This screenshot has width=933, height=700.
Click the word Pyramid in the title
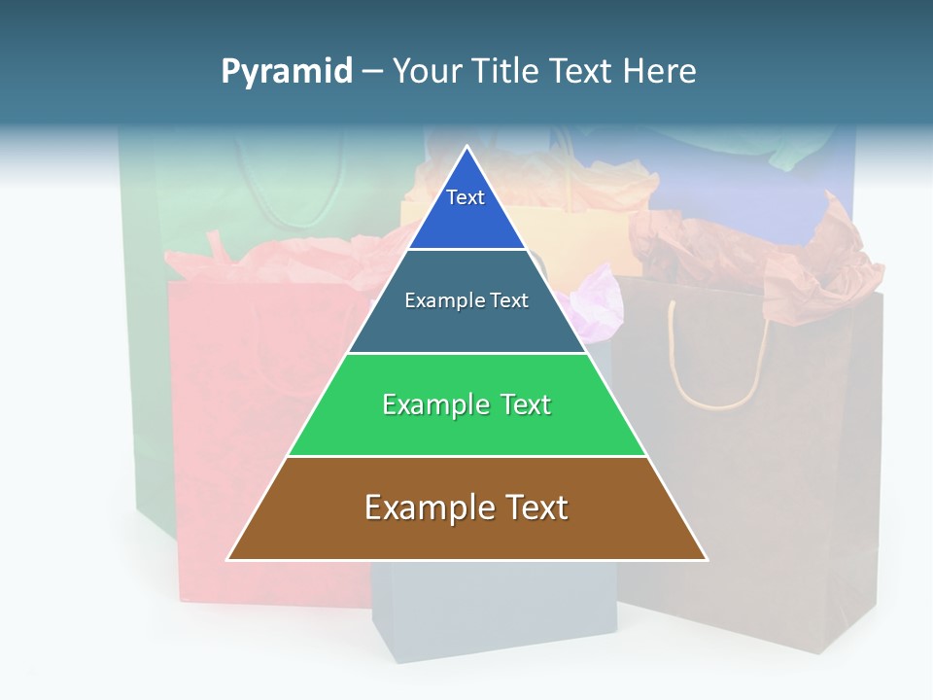[286, 72]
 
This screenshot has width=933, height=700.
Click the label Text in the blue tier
[465, 197]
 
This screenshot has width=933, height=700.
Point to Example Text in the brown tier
[466, 507]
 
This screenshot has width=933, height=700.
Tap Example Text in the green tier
[466, 404]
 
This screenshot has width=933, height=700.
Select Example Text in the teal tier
[466, 300]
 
